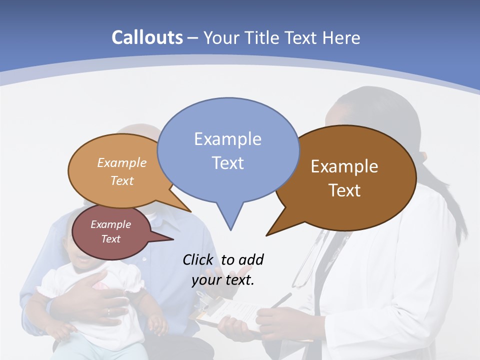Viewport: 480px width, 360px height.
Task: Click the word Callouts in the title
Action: point(147,37)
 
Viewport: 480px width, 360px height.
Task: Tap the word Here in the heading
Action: point(342,38)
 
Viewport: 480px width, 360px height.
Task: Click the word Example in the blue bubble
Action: point(227,138)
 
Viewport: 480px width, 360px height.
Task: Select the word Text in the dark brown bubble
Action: point(344,190)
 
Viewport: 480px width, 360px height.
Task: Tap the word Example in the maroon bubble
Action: point(110,224)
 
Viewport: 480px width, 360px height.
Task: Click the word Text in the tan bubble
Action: point(122,180)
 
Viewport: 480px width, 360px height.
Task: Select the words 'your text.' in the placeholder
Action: point(223,280)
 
